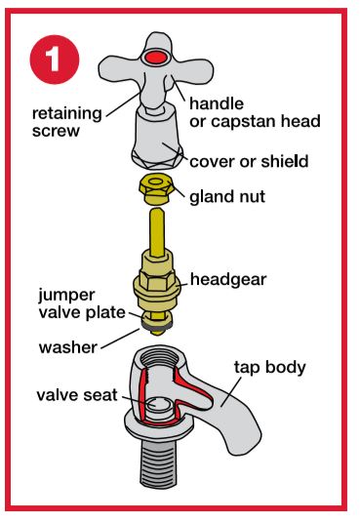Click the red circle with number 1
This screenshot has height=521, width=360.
[x=55, y=60]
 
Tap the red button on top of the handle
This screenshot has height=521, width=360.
[x=157, y=58]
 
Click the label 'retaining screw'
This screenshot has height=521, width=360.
[x=67, y=122]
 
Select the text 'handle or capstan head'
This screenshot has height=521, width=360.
[x=255, y=112]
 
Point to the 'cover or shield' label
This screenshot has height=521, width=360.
[x=249, y=162]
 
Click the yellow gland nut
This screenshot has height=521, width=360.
[x=156, y=190]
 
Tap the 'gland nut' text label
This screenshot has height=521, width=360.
[x=227, y=197]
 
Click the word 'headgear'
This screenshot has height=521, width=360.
[x=228, y=279]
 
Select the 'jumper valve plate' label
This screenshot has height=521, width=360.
[x=82, y=303]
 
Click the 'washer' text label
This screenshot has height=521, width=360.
[x=68, y=347]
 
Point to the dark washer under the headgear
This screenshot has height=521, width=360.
[x=156, y=327]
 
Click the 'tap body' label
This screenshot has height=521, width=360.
[x=269, y=368]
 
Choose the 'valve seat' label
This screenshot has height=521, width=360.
[x=77, y=395]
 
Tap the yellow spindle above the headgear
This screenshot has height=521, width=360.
[x=156, y=232]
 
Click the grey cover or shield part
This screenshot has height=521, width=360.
[x=157, y=140]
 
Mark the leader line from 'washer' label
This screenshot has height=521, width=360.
[x=120, y=339]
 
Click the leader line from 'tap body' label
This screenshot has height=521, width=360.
[x=231, y=392]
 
